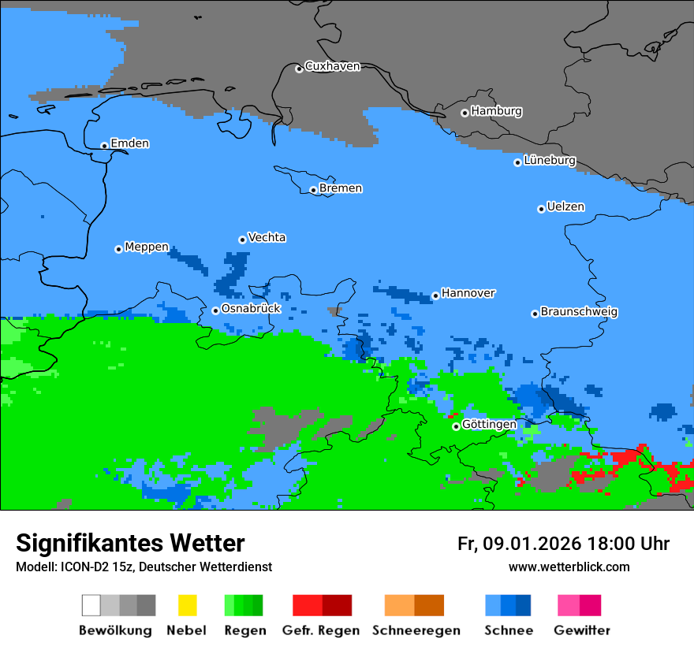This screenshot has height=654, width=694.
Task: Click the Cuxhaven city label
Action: tap(332, 66)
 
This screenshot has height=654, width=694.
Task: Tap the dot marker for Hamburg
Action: tap(465, 113)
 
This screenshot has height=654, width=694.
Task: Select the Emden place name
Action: tap(129, 143)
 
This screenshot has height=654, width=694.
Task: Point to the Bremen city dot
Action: tap(313, 190)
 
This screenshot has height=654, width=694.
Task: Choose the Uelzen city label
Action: tap(565, 206)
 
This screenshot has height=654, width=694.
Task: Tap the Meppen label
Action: tap(147, 247)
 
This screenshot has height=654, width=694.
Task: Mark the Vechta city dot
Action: tap(242, 240)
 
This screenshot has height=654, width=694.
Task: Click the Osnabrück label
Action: tap(251, 308)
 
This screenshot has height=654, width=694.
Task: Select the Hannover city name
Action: tap(468, 293)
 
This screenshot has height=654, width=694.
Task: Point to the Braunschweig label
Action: tap(579, 311)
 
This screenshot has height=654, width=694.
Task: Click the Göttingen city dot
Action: tap(456, 426)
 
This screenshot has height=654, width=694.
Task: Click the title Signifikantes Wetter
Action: tap(130, 543)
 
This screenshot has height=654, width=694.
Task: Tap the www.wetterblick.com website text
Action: tap(569, 567)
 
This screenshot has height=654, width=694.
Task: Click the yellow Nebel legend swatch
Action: tap(187, 605)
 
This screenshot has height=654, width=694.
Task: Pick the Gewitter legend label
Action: tap(582, 630)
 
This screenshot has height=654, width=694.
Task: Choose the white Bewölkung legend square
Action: tap(91, 605)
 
